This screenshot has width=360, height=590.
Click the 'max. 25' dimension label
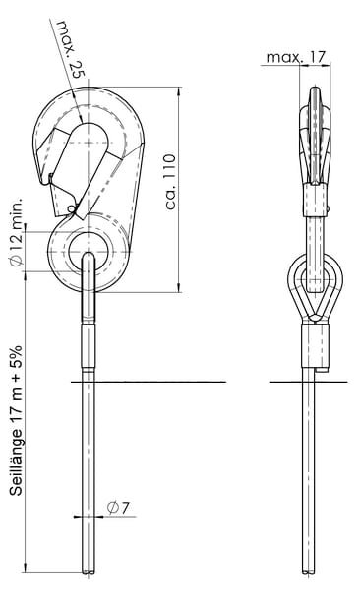(x=71, y=49)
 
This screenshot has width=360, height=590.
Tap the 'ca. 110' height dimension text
(x=170, y=181)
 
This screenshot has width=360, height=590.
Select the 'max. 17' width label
(x=295, y=57)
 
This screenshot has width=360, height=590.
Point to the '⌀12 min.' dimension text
(x=17, y=231)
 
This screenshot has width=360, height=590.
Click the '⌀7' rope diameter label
(x=118, y=508)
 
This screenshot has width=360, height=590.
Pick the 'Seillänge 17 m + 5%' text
(x=16, y=421)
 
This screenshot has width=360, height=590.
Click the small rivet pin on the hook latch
(x=71, y=208)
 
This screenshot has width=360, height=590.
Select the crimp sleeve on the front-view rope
(x=89, y=344)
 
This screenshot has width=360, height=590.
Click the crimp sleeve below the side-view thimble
(x=316, y=346)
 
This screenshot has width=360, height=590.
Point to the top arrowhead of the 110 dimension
(x=179, y=91)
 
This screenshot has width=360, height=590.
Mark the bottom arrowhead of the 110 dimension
(x=179, y=287)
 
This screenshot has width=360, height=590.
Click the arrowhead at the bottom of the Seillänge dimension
(x=26, y=568)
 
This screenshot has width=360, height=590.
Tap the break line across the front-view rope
(x=149, y=382)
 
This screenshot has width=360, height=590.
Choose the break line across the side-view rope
(x=309, y=383)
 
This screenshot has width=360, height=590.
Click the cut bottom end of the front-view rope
(x=89, y=572)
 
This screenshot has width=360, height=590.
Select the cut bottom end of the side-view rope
(x=309, y=572)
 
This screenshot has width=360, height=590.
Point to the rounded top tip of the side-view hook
(x=315, y=88)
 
